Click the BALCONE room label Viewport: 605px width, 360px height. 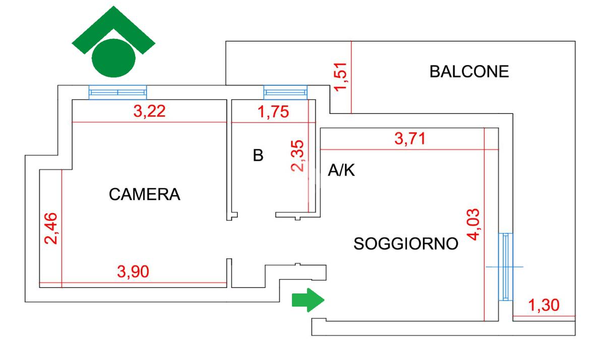[469, 72]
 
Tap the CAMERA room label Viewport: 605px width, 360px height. [145, 194]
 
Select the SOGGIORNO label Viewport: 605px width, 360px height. [406, 244]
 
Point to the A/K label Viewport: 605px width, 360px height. [341, 171]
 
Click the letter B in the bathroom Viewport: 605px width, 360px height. [258, 156]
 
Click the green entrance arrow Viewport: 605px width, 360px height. [308, 300]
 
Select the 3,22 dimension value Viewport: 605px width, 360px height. [149, 111]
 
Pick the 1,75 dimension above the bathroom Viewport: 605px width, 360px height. [273, 111]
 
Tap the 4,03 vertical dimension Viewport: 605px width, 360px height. [474, 224]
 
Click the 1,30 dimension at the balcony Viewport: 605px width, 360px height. [543, 305]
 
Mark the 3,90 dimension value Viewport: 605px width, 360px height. [133, 272]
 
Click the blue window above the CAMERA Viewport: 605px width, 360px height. [117, 92]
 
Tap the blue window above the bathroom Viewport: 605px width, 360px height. [285, 92]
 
